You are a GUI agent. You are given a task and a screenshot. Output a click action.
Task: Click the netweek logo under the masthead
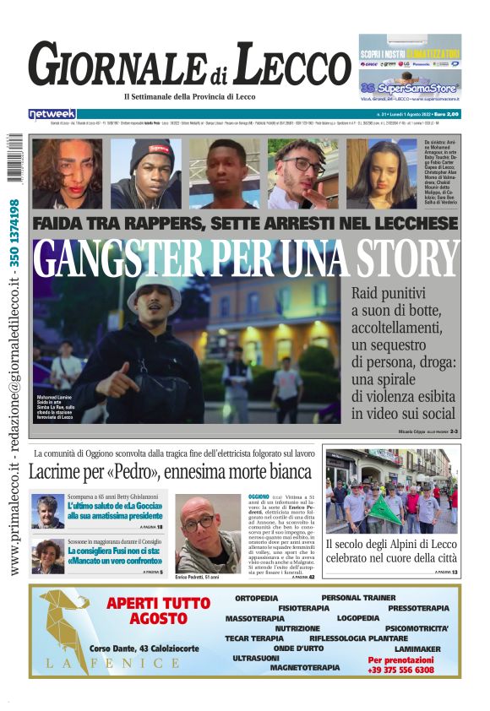click(52, 114)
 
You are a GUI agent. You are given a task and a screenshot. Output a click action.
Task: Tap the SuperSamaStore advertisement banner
click(410, 87)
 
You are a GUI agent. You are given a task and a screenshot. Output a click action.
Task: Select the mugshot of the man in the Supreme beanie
click(145, 173)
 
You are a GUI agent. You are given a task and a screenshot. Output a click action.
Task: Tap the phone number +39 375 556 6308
click(401, 669)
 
